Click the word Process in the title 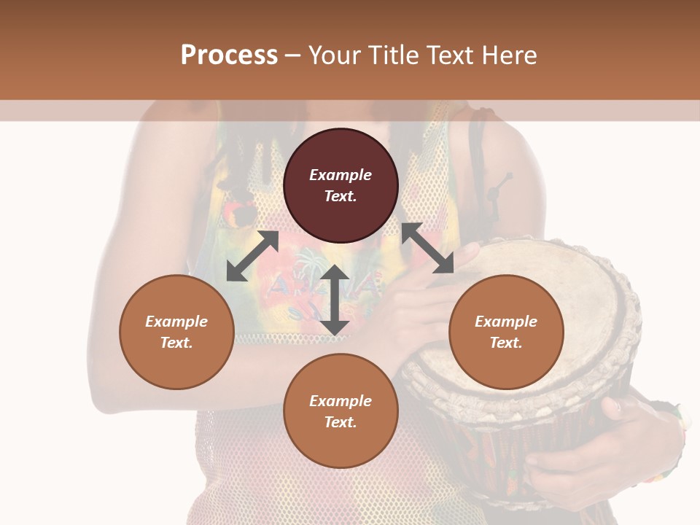pos(229,55)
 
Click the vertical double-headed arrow pos(335,300)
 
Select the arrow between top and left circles pos(252,256)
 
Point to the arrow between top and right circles pos(427,249)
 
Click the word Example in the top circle pos(341,175)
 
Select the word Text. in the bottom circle pos(341,422)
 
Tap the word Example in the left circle pos(176,322)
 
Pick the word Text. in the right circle pos(506,343)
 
